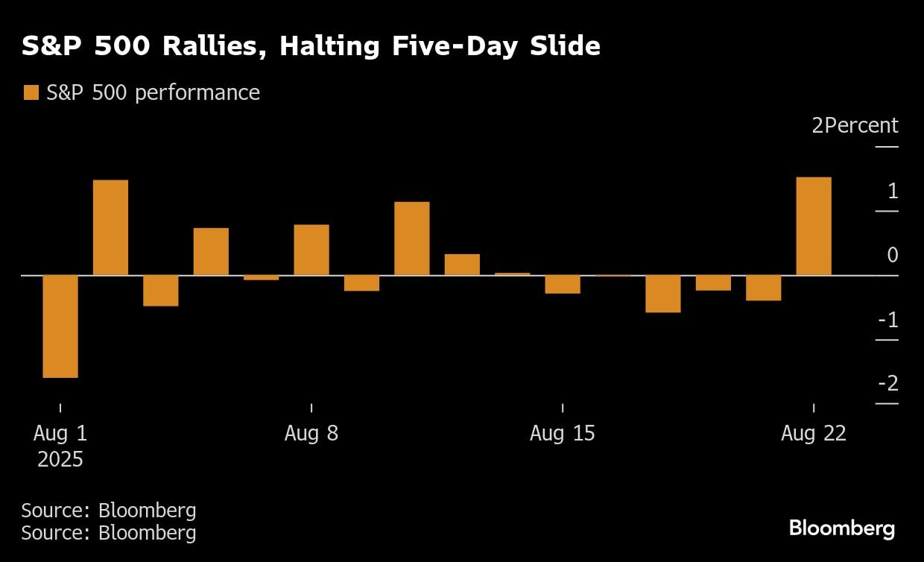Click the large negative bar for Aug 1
[x=60, y=326]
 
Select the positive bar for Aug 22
[x=814, y=227]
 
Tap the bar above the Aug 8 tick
[x=311, y=250]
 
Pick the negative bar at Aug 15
[x=563, y=284]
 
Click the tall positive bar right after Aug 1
[x=110, y=227]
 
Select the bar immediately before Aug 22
[x=764, y=288]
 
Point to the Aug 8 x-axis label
[x=311, y=433]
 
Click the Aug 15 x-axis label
[x=563, y=433]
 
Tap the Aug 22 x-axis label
[x=814, y=433]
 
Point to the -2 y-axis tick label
[x=888, y=384]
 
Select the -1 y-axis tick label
[x=888, y=320]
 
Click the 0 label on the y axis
[x=893, y=256]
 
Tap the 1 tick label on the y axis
[x=893, y=192]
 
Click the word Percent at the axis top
[x=861, y=125]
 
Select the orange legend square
[x=31, y=92]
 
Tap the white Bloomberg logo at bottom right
[x=842, y=528]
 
